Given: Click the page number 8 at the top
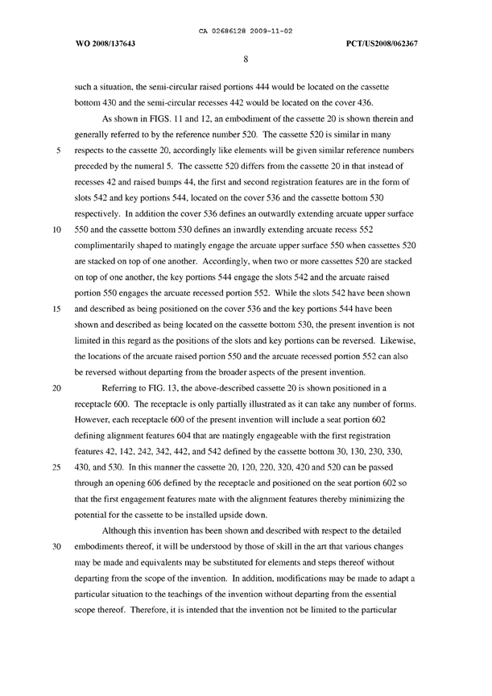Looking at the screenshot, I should tap(246, 58).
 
